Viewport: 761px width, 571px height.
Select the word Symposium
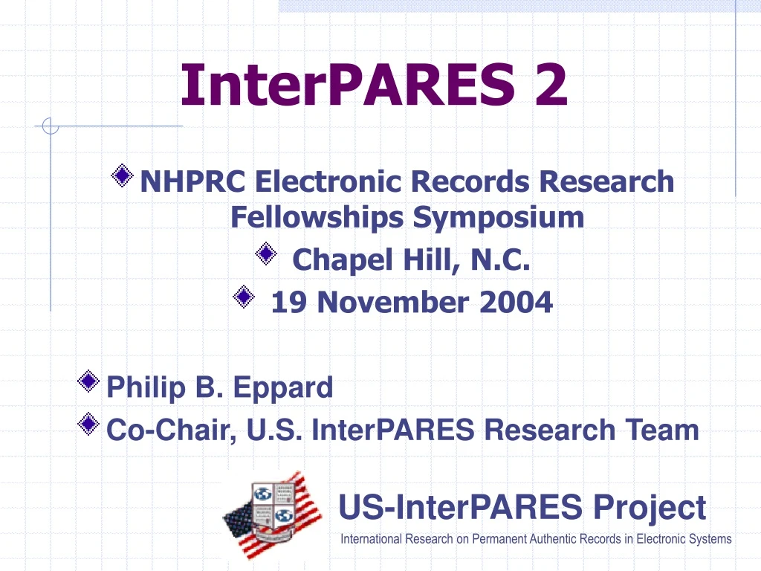click(x=499, y=218)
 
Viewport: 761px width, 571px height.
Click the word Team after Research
click(x=657, y=430)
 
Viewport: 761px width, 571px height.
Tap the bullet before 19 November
click(x=242, y=297)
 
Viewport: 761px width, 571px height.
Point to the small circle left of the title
click(x=51, y=126)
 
